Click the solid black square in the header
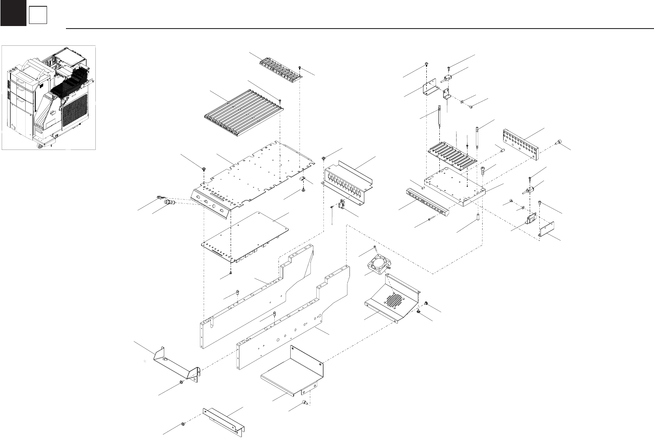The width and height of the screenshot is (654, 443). coord(13,13)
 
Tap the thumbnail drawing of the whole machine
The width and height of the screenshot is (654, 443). coord(49,97)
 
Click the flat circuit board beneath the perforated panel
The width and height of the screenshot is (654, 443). coord(246,237)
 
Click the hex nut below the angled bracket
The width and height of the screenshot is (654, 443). coord(181,382)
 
